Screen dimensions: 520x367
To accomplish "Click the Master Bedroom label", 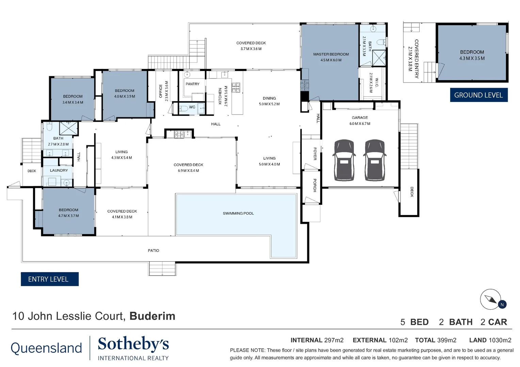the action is click(331, 54).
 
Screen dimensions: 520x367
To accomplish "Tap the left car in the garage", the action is click(344, 160).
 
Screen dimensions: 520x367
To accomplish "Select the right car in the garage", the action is click(374, 160).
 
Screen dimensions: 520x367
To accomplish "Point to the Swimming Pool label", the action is click(238, 213).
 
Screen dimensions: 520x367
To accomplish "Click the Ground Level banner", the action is click(479, 95).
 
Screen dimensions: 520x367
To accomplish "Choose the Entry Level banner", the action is click(49, 279).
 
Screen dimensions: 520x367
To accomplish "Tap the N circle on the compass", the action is click(502, 304).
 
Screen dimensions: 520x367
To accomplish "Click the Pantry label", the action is click(192, 84).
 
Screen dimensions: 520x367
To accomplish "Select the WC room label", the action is click(192, 107).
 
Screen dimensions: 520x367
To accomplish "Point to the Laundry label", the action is click(59, 170).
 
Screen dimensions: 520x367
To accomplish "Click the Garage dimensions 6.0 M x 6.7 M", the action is click(360, 124).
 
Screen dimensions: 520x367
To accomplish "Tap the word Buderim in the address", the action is click(152, 316).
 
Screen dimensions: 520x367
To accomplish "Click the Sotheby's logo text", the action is click(133, 344).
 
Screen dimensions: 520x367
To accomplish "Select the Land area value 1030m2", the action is click(500, 340).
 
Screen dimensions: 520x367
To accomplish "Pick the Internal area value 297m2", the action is click(334, 340).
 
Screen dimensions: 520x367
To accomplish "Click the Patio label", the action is click(153, 250).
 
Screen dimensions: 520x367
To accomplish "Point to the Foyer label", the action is click(315, 154).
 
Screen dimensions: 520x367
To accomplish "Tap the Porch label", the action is click(315, 185).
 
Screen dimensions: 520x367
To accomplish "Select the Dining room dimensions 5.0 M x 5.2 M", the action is click(269, 104).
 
